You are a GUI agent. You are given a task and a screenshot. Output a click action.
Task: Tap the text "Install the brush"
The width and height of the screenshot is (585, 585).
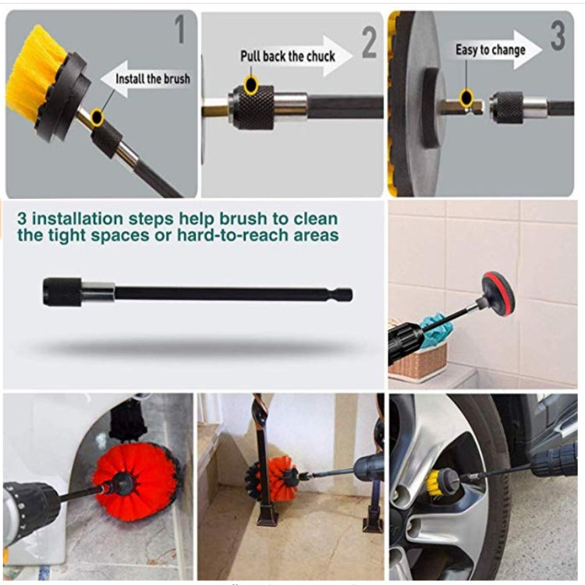[x=152, y=79]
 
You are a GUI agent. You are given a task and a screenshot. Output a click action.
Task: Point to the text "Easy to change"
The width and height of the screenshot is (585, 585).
[x=490, y=50]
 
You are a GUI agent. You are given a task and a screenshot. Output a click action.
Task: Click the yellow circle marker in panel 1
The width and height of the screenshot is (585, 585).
[x=97, y=118]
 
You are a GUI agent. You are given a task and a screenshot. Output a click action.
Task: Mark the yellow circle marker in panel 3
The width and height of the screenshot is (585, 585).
[x=466, y=97]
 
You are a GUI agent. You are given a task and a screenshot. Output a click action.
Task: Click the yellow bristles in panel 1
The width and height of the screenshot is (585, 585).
[x=31, y=74]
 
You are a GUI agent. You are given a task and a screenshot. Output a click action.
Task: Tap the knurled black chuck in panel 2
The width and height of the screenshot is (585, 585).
[x=254, y=108]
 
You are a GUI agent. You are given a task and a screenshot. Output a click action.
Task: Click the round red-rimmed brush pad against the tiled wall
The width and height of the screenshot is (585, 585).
[x=497, y=294]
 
